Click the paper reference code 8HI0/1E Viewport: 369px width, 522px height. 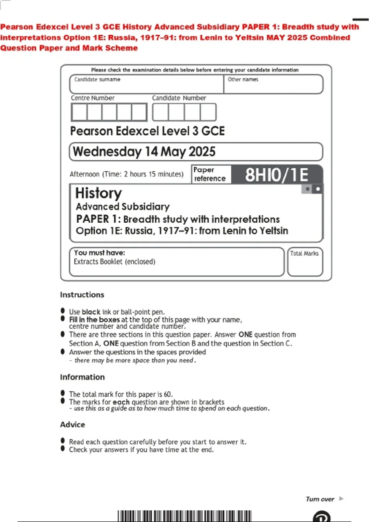[x=276, y=175]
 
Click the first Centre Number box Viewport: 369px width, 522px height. [x=79, y=112]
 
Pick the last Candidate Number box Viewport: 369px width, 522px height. [x=208, y=112]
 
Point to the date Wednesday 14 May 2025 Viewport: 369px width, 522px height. [x=144, y=152]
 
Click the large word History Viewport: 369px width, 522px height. [x=99, y=193]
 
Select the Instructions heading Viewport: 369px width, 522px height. [x=82, y=295]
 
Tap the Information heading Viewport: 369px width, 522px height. [x=82, y=377]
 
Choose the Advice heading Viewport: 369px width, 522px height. [x=73, y=425]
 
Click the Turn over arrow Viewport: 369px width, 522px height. [x=341, y=499]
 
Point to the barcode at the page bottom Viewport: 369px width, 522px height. [x=184, y=516]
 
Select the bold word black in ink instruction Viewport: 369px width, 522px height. [x=91, y=312]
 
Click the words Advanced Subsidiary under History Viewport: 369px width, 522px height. [x=123, y=207]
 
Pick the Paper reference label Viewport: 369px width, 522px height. [x=210, y=174]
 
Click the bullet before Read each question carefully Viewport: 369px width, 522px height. [x=63, y=441]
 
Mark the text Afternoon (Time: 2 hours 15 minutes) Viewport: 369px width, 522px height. [x=126, y=174]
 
